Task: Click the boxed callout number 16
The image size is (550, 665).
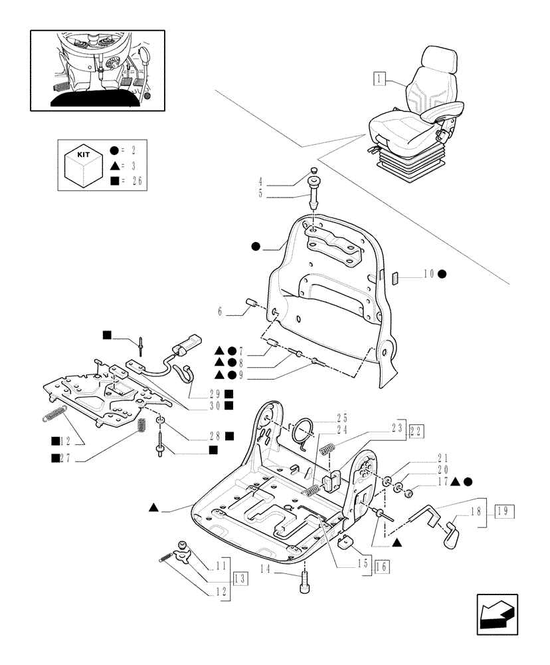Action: [382, 567]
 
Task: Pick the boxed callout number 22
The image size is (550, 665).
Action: [417, 430]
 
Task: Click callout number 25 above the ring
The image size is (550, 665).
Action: [342, 418]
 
